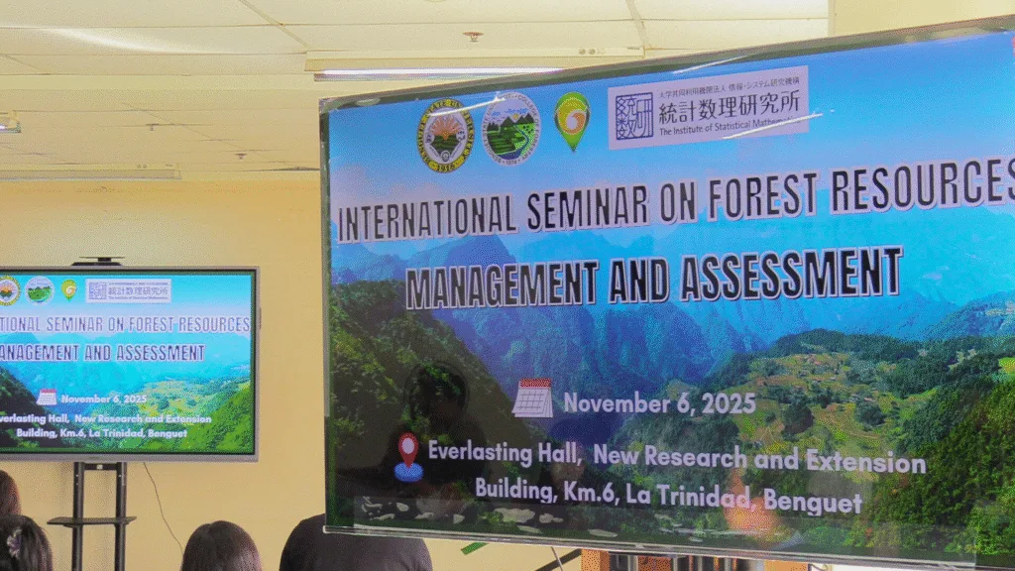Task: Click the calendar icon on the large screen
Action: pos(532,399)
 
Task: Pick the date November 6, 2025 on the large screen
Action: pos(659,403)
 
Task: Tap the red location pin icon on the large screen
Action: pos(407,456)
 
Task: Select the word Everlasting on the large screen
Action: pos(489,452)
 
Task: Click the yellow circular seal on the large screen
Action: pos(445,136)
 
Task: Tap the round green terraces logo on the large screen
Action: pos(510,128)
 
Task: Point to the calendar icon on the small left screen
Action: pos(47,398)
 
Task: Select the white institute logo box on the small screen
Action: pos(128,290)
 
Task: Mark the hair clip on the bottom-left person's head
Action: pos(14,541)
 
